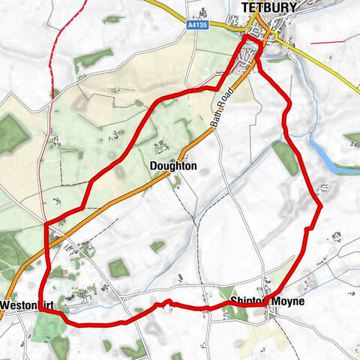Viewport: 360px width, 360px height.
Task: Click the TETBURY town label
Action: [x=269, y=7]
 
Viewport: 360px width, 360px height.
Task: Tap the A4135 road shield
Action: [x=196, y=24]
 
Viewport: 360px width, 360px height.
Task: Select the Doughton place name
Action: [x=172, y=166]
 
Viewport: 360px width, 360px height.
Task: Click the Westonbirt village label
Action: [x=24, y=305]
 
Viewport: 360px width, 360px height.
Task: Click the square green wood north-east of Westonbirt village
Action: [x=118, y=268]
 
